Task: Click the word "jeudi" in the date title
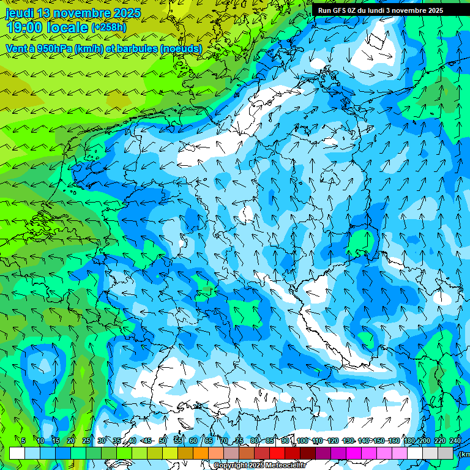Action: point(20,13)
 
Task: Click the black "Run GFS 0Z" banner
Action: point(380,10)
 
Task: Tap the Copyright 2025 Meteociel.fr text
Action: point(259,466)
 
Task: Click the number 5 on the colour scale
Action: point(23,441)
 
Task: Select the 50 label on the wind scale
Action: point(163,441)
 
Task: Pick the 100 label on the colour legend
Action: point(302,441)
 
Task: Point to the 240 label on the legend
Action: point(455,441)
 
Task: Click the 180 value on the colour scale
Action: point(409,441)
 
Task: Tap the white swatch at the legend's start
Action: point(17,453)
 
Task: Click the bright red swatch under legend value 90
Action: point(277,453)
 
